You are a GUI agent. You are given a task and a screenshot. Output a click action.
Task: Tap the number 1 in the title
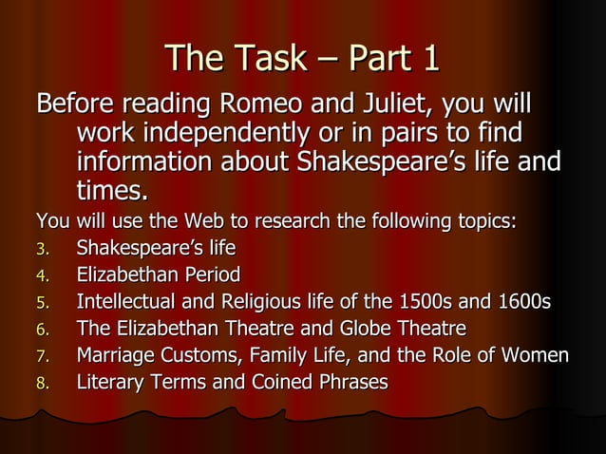click(428, 58)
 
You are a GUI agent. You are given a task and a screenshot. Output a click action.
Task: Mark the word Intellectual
click(129, 303)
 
